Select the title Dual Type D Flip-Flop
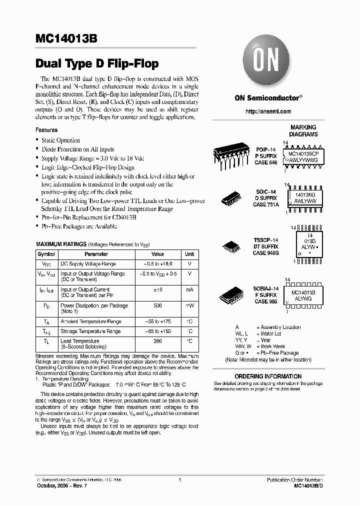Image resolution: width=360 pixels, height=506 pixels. point(97,63)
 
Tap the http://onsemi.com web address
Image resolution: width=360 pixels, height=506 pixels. point(267,111)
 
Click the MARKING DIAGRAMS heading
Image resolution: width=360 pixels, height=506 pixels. point(303,131)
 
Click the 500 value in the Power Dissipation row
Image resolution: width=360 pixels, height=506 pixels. point(157,305)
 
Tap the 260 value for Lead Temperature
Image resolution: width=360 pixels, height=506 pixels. point(157,341)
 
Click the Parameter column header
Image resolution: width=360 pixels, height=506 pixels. point(96,254)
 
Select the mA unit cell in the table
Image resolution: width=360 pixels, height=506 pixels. point(189,289)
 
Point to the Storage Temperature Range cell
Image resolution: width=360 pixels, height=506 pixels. point(90,331)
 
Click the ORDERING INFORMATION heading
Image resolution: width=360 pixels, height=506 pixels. point(268,376)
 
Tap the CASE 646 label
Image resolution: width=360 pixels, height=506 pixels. point(265,163)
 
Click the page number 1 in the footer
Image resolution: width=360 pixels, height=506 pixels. point(179,480)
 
